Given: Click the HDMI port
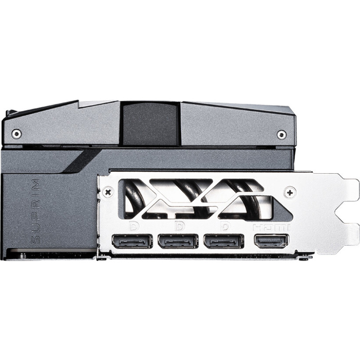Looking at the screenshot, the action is (x=271, y=241).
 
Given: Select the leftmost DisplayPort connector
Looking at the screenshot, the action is (x=132, y=241).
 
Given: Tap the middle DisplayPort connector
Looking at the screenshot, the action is (x=178, y=241).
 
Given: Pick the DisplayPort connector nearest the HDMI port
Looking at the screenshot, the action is (x=224, y=241).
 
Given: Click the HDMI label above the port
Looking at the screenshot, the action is (x=271, y=228).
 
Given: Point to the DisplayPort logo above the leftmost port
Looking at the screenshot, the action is (x=134, y=226).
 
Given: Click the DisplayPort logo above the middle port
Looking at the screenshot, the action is (x=180, y=226).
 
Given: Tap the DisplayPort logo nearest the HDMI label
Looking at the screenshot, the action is (x=225, y=226).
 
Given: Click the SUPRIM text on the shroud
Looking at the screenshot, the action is (x=36, y=211).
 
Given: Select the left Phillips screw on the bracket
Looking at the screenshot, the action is (x=108, y=192).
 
